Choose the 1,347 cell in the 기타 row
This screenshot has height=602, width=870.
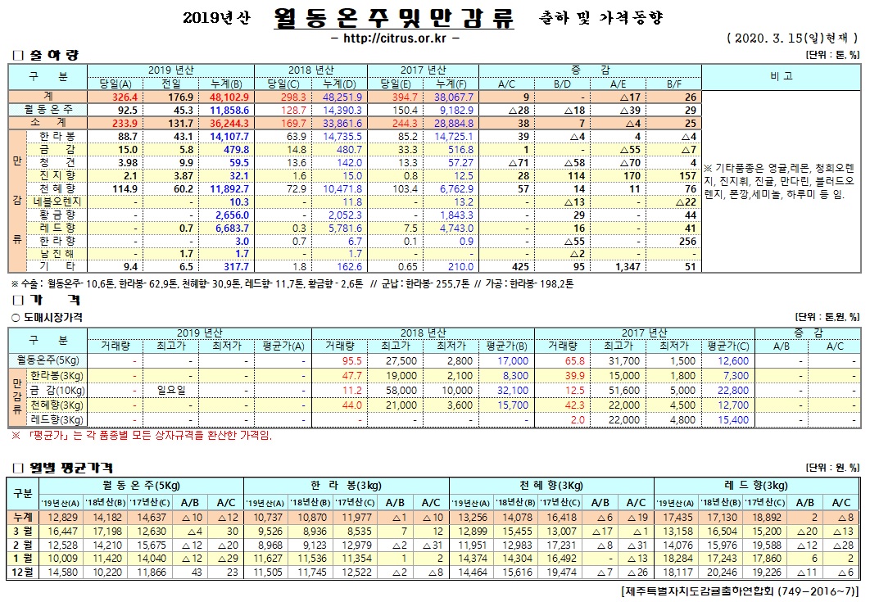(628, 266)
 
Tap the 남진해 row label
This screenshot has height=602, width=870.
(57, 253)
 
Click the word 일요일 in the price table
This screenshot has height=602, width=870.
(172, 390)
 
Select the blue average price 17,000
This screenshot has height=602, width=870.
(511, 360)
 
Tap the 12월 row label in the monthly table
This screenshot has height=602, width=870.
(22, 572)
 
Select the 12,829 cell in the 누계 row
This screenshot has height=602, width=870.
(63, 518)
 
